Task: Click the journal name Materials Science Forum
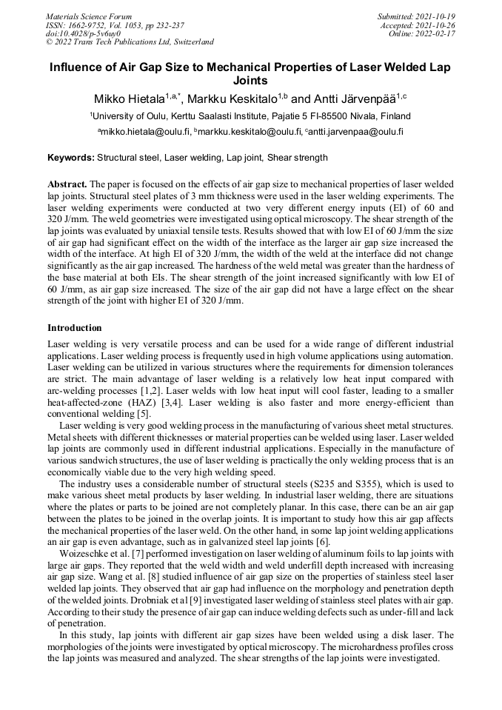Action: click(x=89, y=16)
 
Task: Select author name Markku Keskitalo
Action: click(x=236, y=99)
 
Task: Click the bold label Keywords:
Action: click(x=71, y=158)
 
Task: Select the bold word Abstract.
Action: click(x=67, y=183)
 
